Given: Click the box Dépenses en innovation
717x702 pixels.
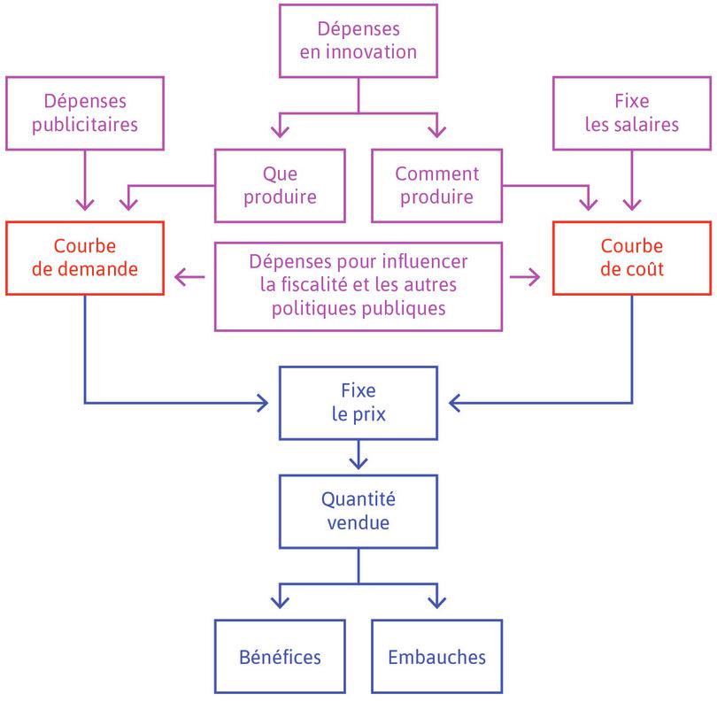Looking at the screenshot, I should [358, 41].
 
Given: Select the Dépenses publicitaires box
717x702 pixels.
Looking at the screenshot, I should [85, 112].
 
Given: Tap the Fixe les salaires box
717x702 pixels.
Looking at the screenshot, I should [631, 112].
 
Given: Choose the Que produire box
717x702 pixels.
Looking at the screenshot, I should [278, 184].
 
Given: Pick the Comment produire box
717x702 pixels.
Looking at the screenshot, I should [436, 184].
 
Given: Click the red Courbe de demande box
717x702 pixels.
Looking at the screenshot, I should [85, 257].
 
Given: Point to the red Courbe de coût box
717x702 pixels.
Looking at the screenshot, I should [631, 257].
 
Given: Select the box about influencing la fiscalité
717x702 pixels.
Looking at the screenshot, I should [358, 285].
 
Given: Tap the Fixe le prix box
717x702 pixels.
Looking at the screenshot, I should [358, 402].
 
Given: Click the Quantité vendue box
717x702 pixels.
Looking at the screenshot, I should [358, 511].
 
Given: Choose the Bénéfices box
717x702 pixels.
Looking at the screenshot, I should [279, 656].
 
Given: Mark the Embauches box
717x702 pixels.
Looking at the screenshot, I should [436, 656].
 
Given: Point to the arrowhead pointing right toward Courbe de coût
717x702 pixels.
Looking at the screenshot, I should [535, 278].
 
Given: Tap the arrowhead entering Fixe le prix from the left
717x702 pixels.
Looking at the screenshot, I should [263, 403].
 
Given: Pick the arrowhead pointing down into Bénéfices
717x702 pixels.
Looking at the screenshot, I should [279, 602].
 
